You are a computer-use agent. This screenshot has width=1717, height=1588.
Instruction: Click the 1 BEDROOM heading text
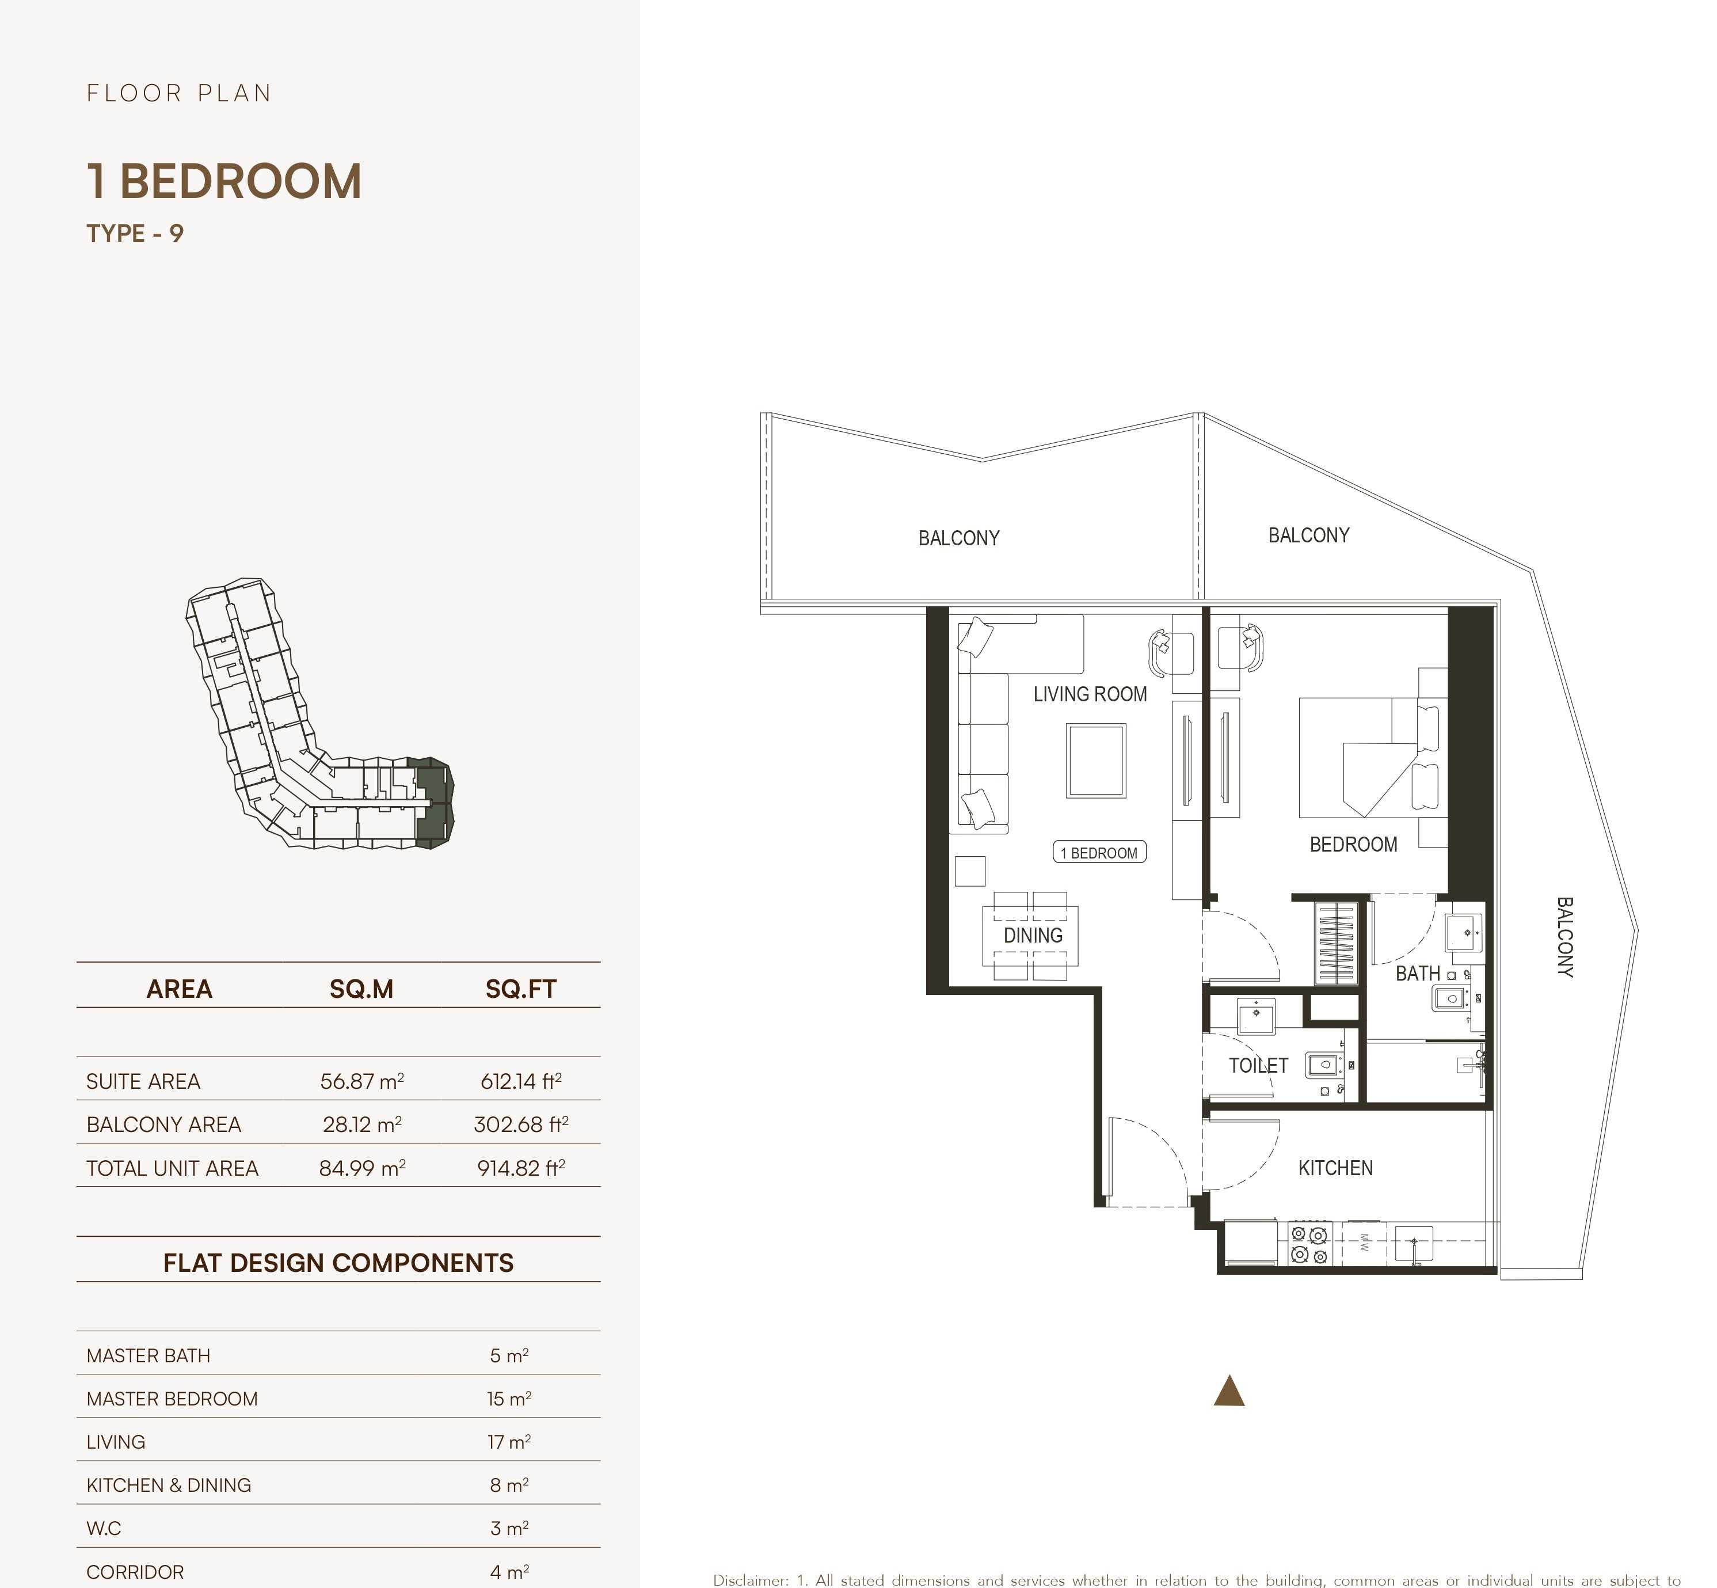[224, 181]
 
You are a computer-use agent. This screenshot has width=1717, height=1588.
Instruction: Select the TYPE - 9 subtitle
[135, 234]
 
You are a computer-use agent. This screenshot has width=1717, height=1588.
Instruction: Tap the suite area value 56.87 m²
[361, 1081]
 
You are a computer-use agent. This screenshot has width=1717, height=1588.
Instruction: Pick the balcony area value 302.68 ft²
[520, 1124]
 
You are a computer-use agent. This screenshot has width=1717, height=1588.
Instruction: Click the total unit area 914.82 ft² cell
[520, 1168]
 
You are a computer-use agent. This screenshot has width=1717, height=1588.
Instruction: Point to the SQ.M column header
[361, 989]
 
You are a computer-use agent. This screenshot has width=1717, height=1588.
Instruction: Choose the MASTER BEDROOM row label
[172, 1399]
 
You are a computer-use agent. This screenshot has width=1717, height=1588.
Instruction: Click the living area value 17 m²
[508, 1442]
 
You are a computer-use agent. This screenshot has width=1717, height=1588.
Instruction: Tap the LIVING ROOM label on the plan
[1089, 694]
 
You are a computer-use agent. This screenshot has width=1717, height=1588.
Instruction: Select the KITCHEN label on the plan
[1335, 1168]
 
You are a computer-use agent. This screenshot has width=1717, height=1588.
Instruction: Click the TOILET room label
[1258, 1066]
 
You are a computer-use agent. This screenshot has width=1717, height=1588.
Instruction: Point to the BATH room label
[1417, 974]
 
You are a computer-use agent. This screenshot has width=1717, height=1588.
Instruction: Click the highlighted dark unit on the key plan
[434, 803]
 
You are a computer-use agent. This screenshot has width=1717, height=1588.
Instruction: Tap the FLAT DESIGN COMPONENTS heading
[338, 1262]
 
